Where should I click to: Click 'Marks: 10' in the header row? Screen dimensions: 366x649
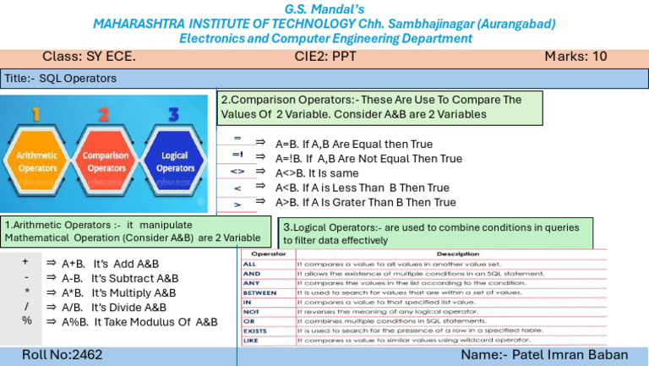click(575, 57)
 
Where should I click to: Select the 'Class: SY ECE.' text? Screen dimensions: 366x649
click(89, 57)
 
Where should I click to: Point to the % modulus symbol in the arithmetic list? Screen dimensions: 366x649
click(26, 321)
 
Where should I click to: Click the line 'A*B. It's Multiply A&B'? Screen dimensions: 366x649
click(118, 292)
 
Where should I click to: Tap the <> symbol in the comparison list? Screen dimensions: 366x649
click(237, 173)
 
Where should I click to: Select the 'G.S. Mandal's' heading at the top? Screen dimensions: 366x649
click(324, 8)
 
